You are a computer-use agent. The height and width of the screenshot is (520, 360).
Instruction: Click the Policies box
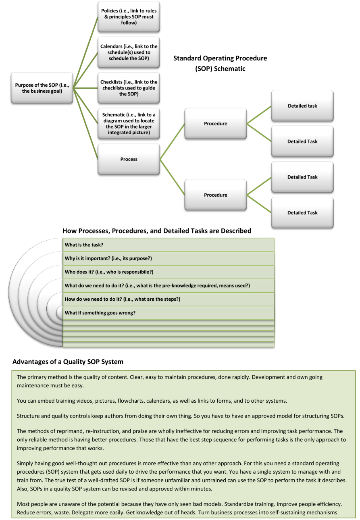(129, 17)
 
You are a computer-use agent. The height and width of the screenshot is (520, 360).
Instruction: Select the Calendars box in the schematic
(129, 52)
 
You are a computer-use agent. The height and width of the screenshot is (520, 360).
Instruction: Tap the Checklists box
(129, 88)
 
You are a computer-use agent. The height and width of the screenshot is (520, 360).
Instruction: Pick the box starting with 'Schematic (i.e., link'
(129, 123)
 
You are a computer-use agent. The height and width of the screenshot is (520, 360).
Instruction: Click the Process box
(129, 159)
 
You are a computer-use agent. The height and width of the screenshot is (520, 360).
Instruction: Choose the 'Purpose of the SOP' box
(42, 88)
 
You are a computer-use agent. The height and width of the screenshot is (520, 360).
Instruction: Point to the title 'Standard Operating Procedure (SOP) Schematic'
(220, 63)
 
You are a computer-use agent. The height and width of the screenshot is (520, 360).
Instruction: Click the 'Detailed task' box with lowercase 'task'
(302, 106)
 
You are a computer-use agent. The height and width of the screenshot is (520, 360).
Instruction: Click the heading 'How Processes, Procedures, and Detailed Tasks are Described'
(157, 231)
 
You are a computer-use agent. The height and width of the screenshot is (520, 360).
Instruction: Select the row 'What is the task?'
(169, 245)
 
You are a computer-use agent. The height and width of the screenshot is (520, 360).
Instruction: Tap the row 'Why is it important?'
(169, 258)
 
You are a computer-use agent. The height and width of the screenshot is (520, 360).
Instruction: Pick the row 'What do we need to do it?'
(169, 286)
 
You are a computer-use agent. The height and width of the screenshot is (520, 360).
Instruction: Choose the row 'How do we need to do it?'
(169, 299)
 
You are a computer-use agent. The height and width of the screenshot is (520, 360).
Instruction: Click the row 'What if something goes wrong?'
(169, 313)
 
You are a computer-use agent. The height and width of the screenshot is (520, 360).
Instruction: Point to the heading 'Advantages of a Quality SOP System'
(68, 362)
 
